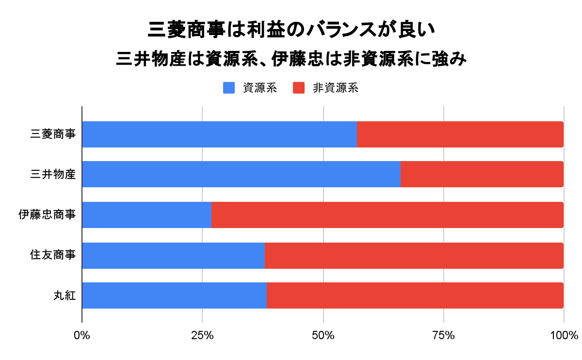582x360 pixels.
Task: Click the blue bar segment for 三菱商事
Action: click(219, 134)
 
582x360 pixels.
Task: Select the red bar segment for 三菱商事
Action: click(460, 134)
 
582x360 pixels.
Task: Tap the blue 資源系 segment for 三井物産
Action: click(241, 174)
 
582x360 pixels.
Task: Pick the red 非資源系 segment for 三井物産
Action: click(482, 174)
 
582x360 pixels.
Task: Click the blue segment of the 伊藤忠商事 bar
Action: click(146, 214)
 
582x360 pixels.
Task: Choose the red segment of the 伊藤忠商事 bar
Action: click(387, 214)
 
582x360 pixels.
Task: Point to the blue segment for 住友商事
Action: click(173, 255)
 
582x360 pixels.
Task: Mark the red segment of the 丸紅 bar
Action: click(415, 295)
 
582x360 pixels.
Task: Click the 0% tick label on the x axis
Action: click(82, 335)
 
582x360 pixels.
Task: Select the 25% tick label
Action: click(202, 335)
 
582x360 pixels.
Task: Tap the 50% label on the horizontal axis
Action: click(323, 335)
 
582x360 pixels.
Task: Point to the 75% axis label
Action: click(443, 335)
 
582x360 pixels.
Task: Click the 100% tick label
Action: click(564, 335)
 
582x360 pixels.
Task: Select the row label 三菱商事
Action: click(53, 134)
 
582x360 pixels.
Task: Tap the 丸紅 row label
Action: click(65, 295)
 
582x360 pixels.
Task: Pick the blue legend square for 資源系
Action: click(229, 88)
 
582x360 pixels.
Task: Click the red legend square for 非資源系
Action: click(299, 88)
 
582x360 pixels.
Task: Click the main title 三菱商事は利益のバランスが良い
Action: click(291, 31)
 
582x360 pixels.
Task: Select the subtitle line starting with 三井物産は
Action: click(291, 60)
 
